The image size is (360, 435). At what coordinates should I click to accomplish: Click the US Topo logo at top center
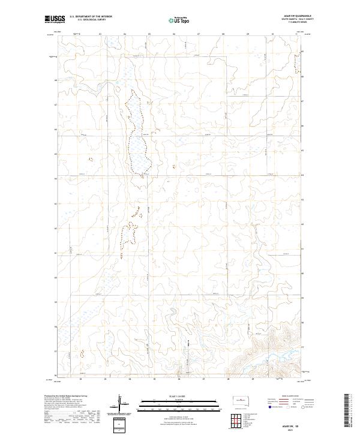click(x=179, y=20)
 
